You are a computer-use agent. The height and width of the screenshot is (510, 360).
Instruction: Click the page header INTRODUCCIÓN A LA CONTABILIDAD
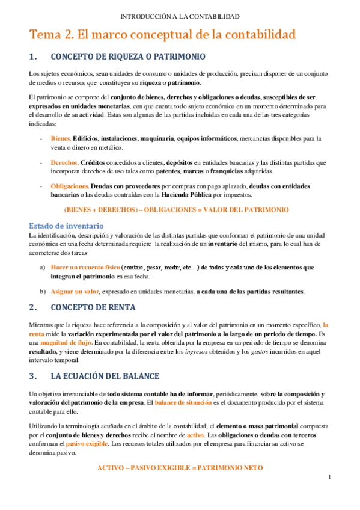tap(180, 16)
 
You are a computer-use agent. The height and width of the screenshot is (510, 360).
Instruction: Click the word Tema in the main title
tap(44, 35)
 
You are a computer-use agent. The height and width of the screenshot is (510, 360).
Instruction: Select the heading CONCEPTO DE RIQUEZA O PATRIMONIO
tap(129, 57)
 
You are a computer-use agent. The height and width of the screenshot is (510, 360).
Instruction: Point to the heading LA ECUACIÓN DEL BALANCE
tap(105, 376)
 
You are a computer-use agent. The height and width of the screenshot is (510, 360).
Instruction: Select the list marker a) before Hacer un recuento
tap(42, 267)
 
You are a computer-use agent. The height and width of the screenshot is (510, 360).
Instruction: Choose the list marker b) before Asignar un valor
tap(42, 292)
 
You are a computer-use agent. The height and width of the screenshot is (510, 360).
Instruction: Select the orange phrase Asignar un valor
tap(75, 292)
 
